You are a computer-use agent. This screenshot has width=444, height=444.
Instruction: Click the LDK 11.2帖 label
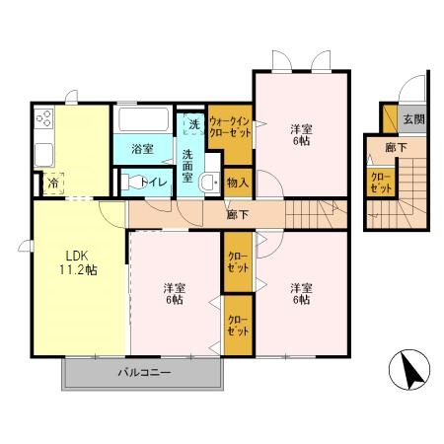tap(78, 262)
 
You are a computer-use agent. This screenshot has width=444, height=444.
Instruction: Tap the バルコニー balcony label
tap(144, 373)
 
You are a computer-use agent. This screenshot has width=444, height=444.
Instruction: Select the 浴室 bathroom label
tap(143, 149)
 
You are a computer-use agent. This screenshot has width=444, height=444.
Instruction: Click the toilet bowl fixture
tap(132, 182)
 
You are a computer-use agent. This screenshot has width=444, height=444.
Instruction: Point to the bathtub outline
tap(143, 119)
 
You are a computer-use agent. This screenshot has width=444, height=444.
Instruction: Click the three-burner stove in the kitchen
tap(44, 118)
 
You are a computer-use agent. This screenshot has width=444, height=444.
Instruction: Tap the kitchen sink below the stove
tap(44, 155)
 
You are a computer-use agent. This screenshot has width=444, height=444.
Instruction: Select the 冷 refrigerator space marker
tap(52, 184)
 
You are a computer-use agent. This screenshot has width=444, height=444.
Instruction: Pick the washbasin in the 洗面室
tap(209, 182)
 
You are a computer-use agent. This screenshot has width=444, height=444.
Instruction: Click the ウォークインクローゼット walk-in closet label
tap(230, 127)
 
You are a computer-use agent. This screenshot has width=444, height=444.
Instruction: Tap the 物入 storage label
tap(238, 183)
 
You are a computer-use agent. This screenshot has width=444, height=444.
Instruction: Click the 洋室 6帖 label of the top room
tap(301, 135)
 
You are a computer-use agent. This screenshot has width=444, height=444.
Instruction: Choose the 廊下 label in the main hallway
tap(238, 215)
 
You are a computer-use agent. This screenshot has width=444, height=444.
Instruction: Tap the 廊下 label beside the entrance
tap(396, 148)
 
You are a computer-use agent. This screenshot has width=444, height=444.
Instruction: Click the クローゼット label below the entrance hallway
tap(381, 183)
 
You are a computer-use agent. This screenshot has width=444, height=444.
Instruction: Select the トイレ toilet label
tap(154, 182)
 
